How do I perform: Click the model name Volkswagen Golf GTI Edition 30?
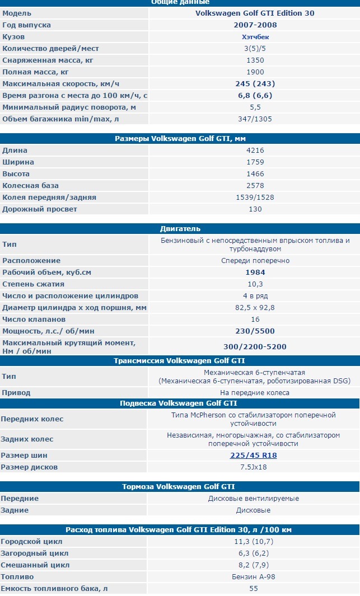255,13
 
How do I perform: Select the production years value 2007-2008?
255,25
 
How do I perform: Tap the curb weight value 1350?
255,60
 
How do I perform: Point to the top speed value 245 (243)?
255,83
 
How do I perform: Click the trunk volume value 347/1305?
255,119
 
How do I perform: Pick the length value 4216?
255,151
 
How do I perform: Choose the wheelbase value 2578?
255,186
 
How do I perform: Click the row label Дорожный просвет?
40,209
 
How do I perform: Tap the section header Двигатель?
180,229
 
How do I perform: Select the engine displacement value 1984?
255,273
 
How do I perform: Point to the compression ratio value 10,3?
255,284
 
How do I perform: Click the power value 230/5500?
255,331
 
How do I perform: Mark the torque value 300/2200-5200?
255,346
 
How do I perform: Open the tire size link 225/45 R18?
254,456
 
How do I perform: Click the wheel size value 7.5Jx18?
254,467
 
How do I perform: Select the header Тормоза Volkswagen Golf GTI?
180,487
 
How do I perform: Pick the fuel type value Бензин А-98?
254,577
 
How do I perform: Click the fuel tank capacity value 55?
254,589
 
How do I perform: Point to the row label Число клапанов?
38,320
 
